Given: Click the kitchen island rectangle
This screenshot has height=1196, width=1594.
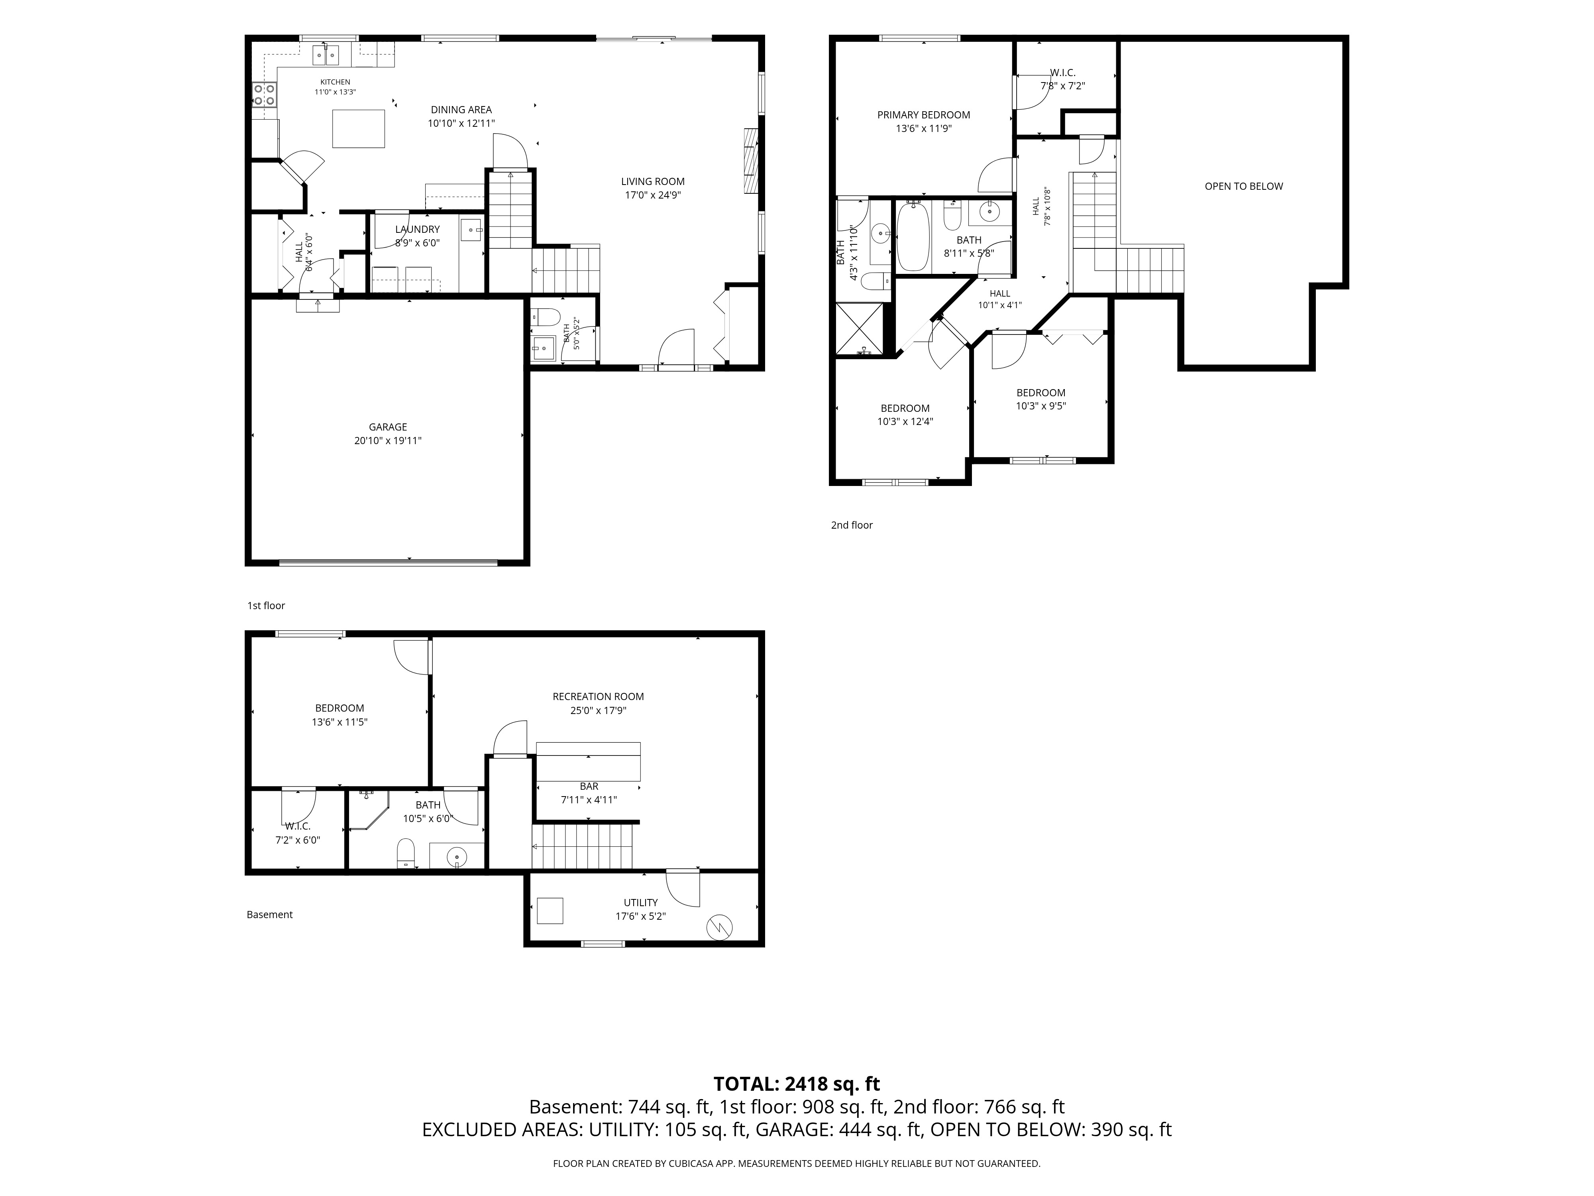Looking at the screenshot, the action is tap(358, 128).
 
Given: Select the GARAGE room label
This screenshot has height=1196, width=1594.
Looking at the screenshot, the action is tap(388, 427).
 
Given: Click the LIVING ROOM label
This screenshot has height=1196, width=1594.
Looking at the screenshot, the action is tap(653, 182).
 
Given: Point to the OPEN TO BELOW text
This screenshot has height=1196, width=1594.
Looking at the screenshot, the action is tap(1244, 186).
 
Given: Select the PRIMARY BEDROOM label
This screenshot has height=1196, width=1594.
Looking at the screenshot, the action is tap(924, 115).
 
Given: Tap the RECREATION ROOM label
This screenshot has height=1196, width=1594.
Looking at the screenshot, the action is tap(598, 696).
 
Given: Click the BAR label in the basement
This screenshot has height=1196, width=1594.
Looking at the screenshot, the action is tap(589, 787).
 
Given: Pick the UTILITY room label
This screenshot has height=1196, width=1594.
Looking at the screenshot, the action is tap(641, 903).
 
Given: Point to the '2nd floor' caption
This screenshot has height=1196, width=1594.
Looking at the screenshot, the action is tap(852, 525).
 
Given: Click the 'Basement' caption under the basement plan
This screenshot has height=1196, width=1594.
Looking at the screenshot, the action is tap(269, 915).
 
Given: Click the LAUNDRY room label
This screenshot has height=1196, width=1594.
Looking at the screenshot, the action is tap(417, 229).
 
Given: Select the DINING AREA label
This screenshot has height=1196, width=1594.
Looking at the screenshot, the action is tap(461, 110).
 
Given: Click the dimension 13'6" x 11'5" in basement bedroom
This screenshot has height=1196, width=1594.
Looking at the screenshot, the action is tap(340, 722).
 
